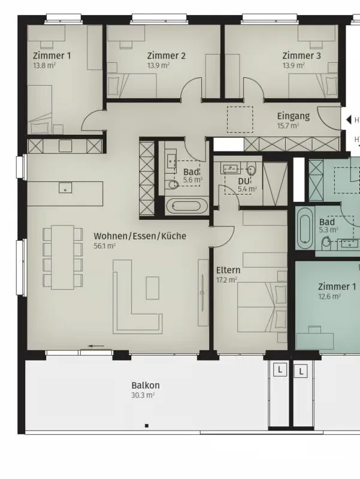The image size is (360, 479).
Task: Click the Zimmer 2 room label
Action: [167, 56]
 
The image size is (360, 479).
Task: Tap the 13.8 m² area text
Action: [44, 65]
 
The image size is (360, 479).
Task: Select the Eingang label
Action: [294, 116]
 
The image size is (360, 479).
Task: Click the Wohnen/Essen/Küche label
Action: [140, 236]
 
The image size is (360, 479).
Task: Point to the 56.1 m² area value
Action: [104, 246]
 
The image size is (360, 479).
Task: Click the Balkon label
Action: [146, 386]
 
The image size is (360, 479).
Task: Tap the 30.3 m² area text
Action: [143, 395]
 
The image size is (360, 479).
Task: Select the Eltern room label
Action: [228, 271]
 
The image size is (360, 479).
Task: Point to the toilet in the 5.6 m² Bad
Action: [173, 184]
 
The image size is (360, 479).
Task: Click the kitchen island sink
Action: [65, 187]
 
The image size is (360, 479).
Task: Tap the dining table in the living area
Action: [63, 257]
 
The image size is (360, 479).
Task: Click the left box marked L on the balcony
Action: [280, 370]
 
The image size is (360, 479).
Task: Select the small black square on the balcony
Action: [147, 426]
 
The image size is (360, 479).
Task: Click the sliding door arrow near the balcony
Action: [96, 347]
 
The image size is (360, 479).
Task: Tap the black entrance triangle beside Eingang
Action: [348, 120]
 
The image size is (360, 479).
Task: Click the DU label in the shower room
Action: [244, 181]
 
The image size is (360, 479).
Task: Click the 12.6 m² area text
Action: [329, 296]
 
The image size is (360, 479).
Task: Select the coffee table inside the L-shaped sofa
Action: [152, 288]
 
